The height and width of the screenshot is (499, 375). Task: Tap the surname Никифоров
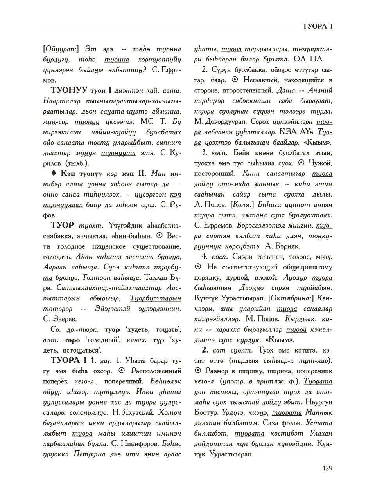[137, 444]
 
